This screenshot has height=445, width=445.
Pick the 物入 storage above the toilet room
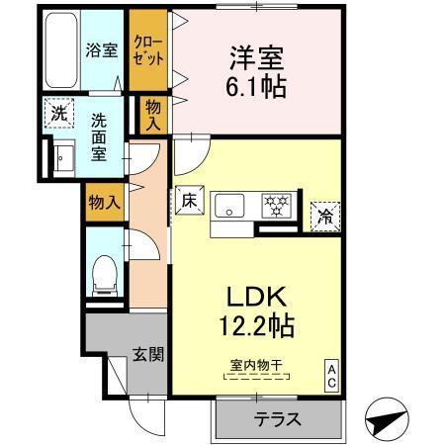104,202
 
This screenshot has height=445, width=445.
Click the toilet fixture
103,273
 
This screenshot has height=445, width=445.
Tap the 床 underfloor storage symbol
190,201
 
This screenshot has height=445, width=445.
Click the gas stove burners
275,206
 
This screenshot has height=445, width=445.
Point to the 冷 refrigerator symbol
324,213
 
